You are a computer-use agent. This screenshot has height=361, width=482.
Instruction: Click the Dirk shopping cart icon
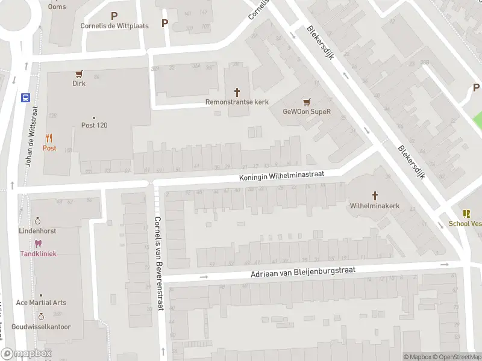[79, 74]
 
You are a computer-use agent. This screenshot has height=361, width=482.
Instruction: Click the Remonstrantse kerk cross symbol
[237, 93]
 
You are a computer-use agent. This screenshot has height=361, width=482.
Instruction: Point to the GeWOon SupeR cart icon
[307, 102]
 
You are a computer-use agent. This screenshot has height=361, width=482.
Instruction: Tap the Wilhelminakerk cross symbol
[375, 196]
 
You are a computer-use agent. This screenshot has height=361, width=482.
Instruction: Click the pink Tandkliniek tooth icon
[38, 244]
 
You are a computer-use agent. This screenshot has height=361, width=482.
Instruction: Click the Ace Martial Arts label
[41, 303]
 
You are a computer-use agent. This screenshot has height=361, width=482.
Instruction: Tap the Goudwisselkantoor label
[43, 327]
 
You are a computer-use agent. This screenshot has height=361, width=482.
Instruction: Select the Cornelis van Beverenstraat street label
[158, 263]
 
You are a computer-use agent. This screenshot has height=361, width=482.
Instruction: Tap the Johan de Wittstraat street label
[30, 137]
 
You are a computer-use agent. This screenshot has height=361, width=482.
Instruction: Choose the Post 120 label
[94, 125]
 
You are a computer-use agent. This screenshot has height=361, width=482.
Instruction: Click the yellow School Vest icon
[466, 214]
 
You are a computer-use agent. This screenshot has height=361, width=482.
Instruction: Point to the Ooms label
[57, 7]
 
